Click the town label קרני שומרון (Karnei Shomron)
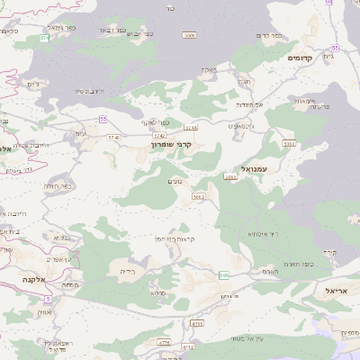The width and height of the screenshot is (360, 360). click(170, 143)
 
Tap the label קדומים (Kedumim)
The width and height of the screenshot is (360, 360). click(300, 58)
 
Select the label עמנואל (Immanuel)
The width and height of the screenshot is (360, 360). click(256, 168)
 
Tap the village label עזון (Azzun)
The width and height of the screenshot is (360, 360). click(80, 134)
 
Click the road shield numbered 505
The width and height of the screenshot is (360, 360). click(223, 274)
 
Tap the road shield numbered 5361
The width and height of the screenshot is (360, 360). click(289, 143)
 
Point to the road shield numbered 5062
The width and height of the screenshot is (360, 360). click(199, 196)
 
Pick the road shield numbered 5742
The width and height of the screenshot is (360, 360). click(112, 137)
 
